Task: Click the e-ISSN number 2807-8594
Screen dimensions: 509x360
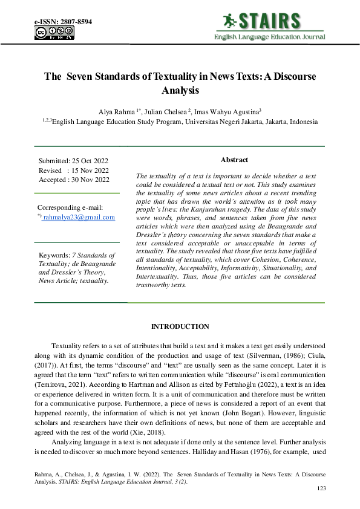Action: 75,22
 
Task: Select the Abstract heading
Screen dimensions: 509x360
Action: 234,160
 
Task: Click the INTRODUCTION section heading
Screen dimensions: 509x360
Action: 180,326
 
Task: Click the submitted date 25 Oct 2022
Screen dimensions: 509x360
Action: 91,161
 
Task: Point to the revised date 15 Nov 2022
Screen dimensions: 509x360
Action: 91,170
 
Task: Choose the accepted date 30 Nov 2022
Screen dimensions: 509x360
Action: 91,180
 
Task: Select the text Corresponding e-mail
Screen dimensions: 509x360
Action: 70,207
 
